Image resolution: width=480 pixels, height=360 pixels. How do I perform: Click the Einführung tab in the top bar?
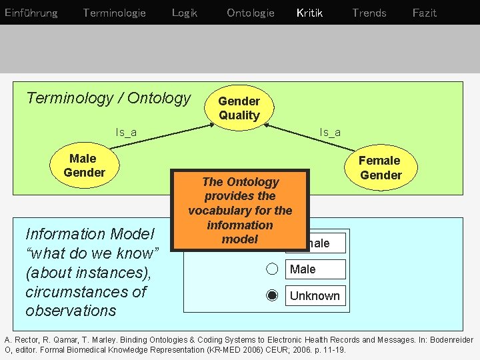click(31, 13)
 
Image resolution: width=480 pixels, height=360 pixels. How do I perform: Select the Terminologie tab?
click(114, 13)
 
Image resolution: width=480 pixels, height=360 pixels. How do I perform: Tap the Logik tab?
click(184, 13)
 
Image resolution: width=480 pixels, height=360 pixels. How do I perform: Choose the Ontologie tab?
click(250, 13)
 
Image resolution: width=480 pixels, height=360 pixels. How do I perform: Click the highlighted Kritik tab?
click(309, 13)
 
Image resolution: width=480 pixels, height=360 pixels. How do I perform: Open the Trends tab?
click(369, 13)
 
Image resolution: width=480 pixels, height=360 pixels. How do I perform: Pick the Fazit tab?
click(424, 13)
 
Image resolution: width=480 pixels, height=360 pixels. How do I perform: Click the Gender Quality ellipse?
click(239, 108)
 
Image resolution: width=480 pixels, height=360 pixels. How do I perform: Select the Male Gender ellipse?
click(84, 165)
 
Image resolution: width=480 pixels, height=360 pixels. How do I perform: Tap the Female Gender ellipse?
click(380, 167)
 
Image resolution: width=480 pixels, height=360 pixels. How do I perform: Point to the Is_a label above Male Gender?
click(126, 132)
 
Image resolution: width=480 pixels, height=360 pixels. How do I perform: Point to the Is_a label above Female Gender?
click(330, 132)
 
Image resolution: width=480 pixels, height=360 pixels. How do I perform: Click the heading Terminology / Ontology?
click(109, 98)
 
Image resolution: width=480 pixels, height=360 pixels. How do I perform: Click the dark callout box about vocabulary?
click(240, 210)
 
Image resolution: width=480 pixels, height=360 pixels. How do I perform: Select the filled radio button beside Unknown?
click(272, 296)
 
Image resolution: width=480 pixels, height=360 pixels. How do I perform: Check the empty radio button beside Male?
click(272, 269)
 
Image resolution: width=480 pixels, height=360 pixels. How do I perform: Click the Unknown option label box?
click(315, 296)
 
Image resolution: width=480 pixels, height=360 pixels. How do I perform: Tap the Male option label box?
click(315, 269)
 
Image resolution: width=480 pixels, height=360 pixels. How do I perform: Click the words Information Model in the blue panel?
click(89, 234)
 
